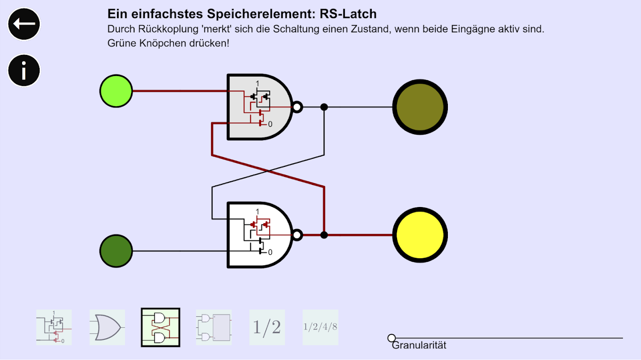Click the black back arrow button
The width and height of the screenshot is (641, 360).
[24, 23]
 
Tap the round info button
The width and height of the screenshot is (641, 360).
[24, 70]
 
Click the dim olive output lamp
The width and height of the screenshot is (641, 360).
[420, 107]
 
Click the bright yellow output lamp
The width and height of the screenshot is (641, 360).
[420, 235]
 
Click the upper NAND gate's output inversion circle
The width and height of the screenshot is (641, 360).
[297, 107]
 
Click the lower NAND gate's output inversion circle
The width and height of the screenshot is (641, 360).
[297, 235]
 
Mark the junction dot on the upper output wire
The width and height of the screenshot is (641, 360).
[324, 107]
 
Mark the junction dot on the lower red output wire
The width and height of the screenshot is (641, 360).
[324, 235]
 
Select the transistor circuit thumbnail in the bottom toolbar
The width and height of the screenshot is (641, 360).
[54, 327]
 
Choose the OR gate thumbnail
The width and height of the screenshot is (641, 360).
[107, 327]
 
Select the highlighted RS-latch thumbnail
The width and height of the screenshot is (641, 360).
[160, 327]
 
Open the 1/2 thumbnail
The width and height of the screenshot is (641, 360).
[267, 327]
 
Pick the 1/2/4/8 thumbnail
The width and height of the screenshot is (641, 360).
[320, 327]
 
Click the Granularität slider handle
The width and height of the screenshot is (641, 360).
[392, 337]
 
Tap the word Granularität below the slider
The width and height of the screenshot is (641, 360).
[419, 346]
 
